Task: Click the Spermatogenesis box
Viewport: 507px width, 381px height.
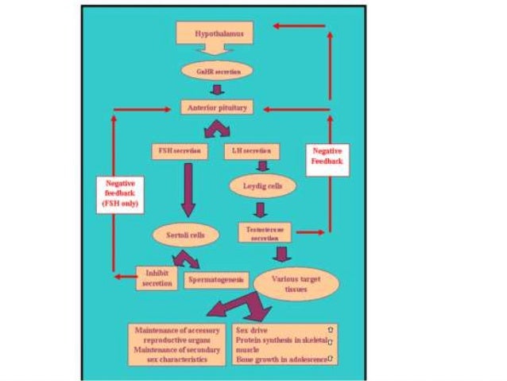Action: [x=216, y=280]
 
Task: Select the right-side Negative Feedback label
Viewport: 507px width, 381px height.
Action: [x=328, y=154]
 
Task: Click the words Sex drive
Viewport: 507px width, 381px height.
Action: [x=253, y=328]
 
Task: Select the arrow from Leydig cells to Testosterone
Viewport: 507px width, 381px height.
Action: [x=259, y=210]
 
